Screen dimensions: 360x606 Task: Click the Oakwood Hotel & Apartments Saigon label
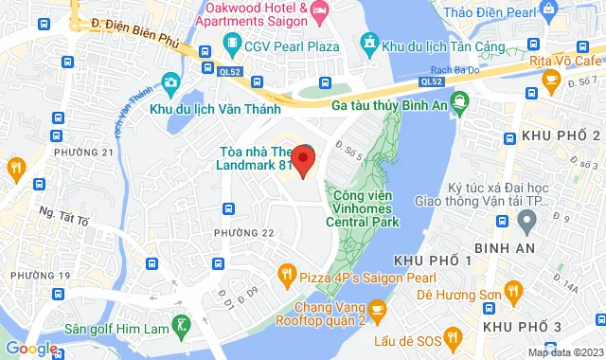coord(251,12)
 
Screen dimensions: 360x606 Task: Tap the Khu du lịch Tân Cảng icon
coord(370,44)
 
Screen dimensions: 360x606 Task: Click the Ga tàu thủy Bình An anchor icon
coord(460,99)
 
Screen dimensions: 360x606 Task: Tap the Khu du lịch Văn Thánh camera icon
coord(170,83)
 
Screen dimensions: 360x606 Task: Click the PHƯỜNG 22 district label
coord(243,233)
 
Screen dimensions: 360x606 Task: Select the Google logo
coord(30,348)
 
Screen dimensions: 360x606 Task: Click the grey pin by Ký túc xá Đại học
coord(526,221)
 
